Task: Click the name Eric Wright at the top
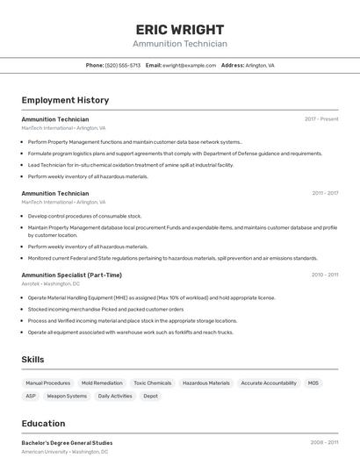tap(180, 29)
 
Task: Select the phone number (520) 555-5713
tap(123, 65)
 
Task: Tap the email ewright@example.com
tap(189, 65)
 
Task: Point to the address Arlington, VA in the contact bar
tap(259, 65)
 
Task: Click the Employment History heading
tap(65, 100)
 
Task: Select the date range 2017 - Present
tap(321, 119)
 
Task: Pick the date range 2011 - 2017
tap(325, 193)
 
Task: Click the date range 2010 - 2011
tap(325, 275)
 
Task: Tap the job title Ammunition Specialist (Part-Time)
tap(71, 275)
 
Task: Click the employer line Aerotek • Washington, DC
tap(50, 284)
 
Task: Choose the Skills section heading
tap(32, 360)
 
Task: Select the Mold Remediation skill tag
tap(102, 383)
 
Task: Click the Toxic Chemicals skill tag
tap(153, 383)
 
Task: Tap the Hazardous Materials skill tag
tap(206, 383)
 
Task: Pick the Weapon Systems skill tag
tap(67, 397)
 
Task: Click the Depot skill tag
tap(150, 397)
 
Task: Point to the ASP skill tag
tap(31, 397)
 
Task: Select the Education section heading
tap(43, 423)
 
